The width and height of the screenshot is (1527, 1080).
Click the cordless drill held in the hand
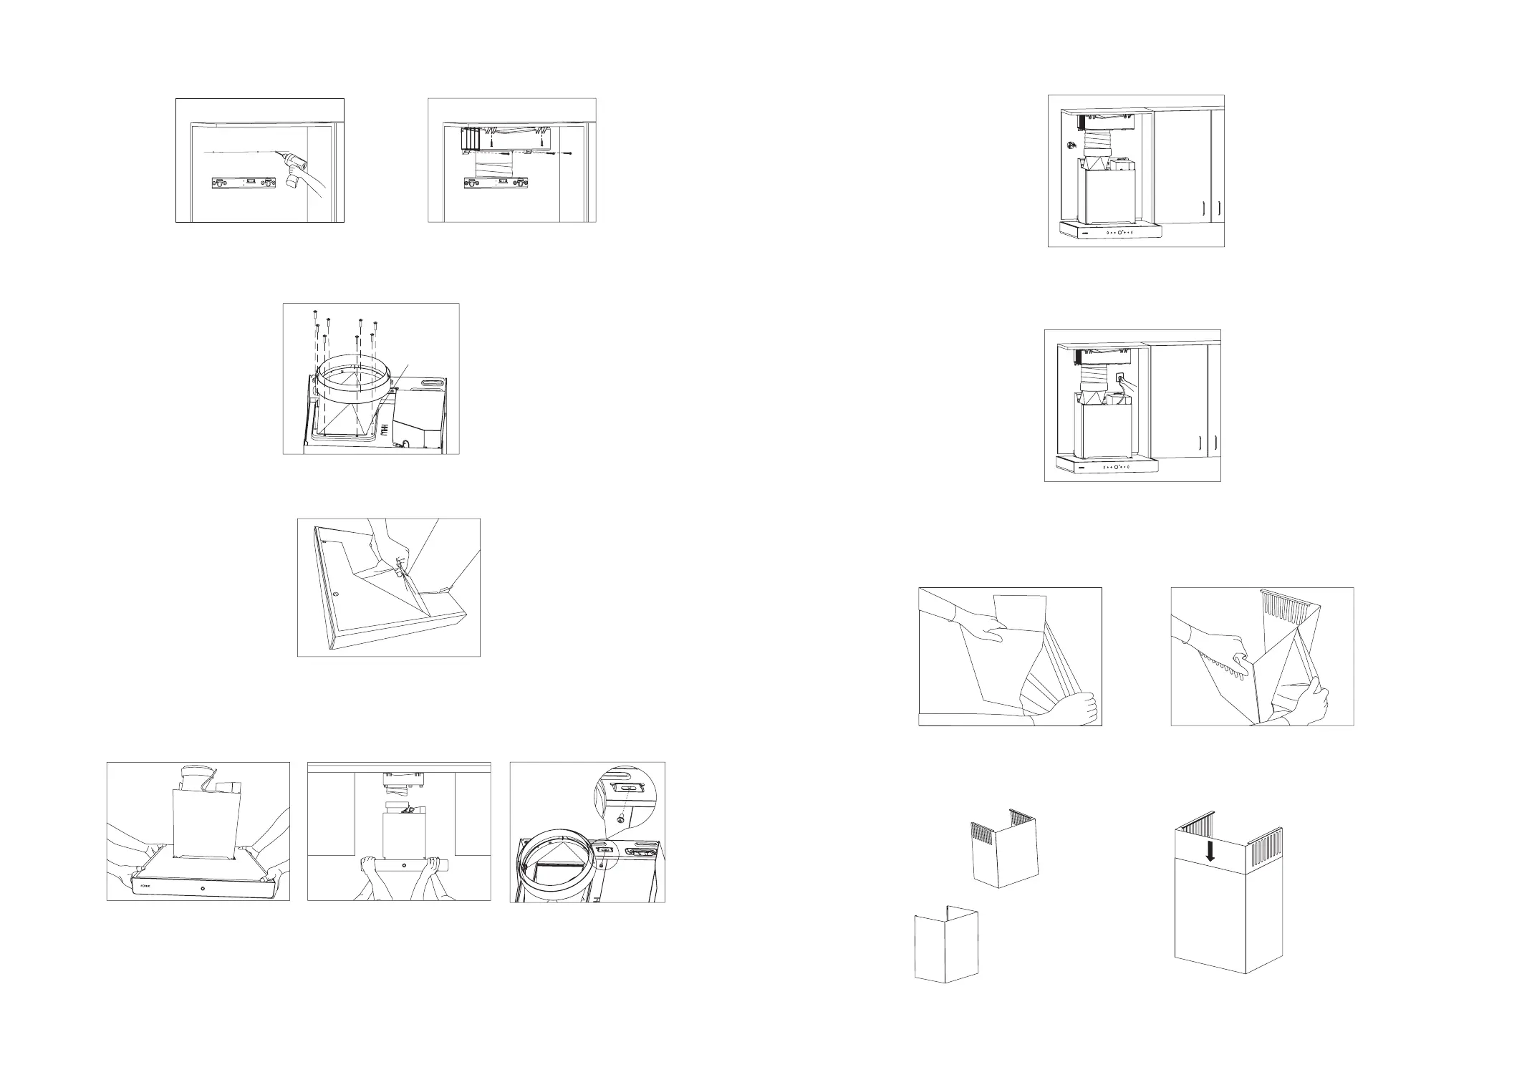coord(295,169)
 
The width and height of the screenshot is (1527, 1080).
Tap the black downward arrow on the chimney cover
coord(1210,851)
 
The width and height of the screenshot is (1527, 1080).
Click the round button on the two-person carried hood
coord(203,889)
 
